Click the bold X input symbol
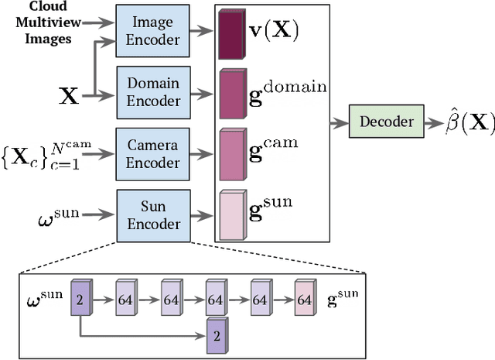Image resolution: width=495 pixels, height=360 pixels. pos(70,96)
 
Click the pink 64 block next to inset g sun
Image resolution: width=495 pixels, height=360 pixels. pos(305,298)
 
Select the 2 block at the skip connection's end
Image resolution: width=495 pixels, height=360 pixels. pos(217,338)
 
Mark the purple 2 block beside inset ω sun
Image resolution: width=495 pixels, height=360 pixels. pos(81,298)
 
